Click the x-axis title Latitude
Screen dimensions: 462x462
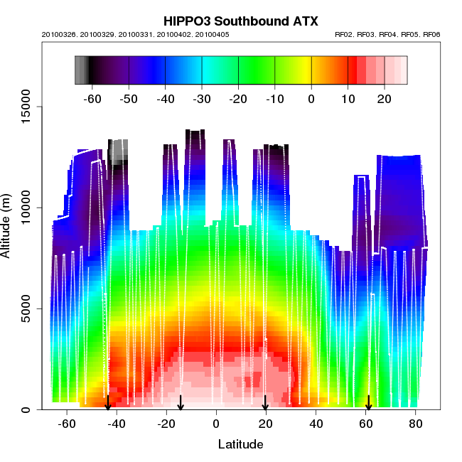[240, 445]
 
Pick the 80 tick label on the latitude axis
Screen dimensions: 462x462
[416, 424]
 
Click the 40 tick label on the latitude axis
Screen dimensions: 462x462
[316, 424]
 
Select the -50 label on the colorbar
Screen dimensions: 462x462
[128, 99]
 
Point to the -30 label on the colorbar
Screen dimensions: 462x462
[201, 99]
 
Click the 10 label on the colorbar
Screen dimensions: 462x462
[348, 99]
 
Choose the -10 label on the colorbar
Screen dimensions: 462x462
[274, 99]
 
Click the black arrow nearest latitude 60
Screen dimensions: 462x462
[368, 402]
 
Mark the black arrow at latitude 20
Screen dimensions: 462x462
[265, 402]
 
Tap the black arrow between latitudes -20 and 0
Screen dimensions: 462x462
[181, 402]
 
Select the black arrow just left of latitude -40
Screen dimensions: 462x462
[107, 402]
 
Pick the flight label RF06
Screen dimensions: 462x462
[431, 34]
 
